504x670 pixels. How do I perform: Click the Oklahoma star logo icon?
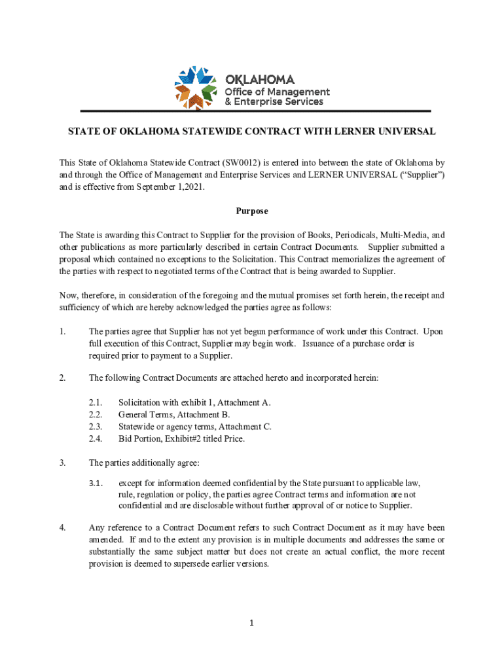(x=195, y=88)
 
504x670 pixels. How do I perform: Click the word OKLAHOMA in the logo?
(x=260, y=79)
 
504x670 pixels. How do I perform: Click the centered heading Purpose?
(x=252, y=211)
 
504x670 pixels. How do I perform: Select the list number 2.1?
(x=96, y=402)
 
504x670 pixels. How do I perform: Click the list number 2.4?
(x=96, y=438)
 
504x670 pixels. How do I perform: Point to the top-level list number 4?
(x=62, y=527)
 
